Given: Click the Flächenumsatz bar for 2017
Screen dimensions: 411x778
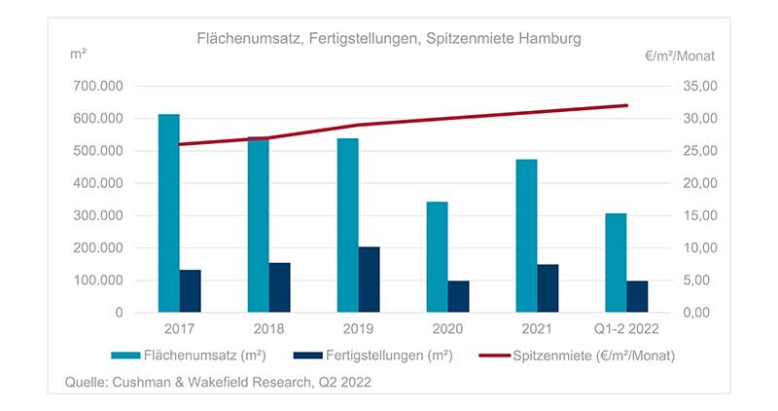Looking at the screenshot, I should coord(168,213).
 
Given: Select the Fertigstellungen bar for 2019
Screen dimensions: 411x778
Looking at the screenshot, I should coord(369,280).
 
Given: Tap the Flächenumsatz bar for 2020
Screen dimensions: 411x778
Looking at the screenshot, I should coord(437,257).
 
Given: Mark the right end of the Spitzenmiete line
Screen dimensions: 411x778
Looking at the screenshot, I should coord(627,105).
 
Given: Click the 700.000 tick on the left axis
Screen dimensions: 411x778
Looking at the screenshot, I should coord(98,87).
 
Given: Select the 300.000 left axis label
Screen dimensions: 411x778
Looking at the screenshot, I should coord(98,216).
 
